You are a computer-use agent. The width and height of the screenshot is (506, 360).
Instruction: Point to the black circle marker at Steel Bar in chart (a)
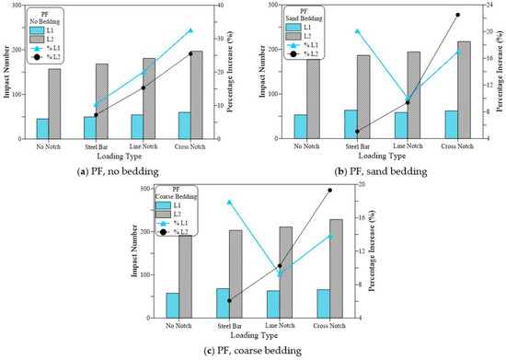tap(96, 115)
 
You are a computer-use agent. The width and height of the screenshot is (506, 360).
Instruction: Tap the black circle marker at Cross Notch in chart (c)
tap(329, 191)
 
